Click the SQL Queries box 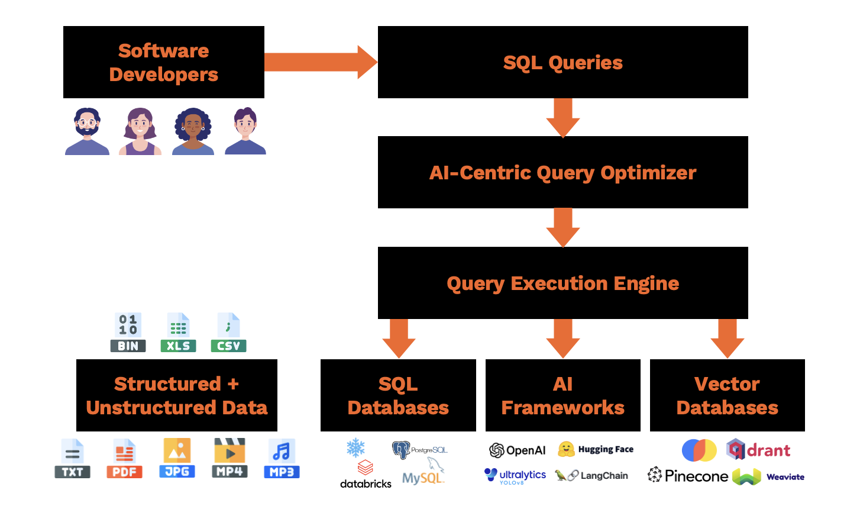[x=562, y=62]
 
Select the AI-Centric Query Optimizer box [x=562, y=172]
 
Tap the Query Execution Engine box [x=562, y=283]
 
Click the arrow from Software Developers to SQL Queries [x=320, y=62]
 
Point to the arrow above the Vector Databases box [x=727, y=338]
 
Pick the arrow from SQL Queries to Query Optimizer [x=562, y=117]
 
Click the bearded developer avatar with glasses [x=87, y=131]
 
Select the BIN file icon [x=128, y=333]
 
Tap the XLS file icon [x=178, y=333]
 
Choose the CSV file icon [x=228, y=333]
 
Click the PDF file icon [x=124, y=459]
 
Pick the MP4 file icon [x=229, y=459]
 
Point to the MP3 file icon [x=282, y=459]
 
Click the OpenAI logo [x=517, y=450]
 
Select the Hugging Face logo [x=595, y=449]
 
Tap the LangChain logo [x=591, y=475]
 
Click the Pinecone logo [x=687, y=476]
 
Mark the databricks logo [x=366, y=475]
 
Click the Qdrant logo [x=758, y=450]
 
